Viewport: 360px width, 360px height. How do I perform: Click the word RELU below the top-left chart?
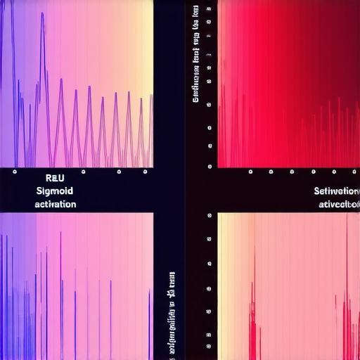tap(54, 179)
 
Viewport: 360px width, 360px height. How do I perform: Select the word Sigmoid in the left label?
tap(54, 191)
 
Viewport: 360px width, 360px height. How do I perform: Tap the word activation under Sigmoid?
tap(54, 203)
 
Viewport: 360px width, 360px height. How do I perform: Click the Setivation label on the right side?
tap(337, 191)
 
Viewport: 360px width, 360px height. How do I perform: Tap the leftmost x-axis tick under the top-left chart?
tap(15, 171)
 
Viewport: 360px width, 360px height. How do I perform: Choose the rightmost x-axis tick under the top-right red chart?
tap(352, 171)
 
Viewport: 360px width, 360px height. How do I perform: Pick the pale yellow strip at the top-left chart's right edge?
tap(148, 42)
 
